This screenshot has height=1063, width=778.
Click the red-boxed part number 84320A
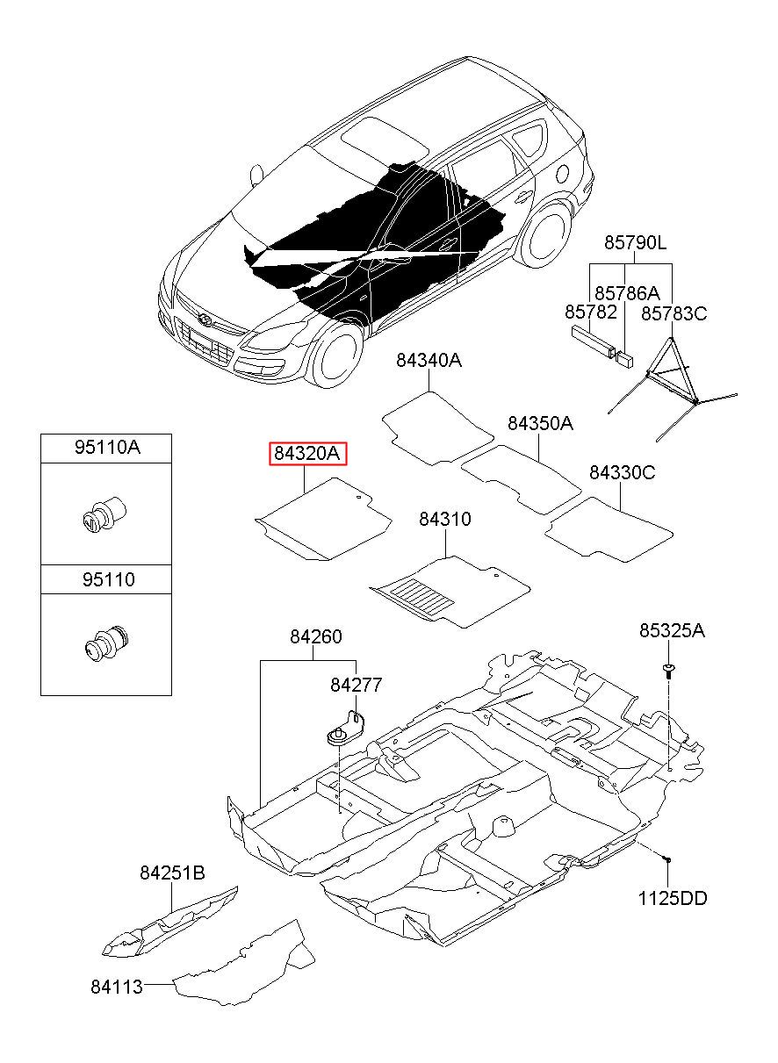click(307, 454)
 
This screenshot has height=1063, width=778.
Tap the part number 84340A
click(429, 360)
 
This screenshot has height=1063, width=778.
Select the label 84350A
click(540, 423)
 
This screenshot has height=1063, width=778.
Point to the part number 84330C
click(622, 472)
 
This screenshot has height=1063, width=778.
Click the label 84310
click(444, 519)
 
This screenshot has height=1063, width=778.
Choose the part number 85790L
click(634, 241)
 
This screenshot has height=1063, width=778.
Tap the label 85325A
click(672, 630)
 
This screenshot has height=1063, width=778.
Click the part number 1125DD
click(674, 898)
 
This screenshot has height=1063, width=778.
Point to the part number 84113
click(116, 986)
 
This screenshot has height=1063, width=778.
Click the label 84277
click(356, 685)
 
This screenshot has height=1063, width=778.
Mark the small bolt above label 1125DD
click(668, 858)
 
